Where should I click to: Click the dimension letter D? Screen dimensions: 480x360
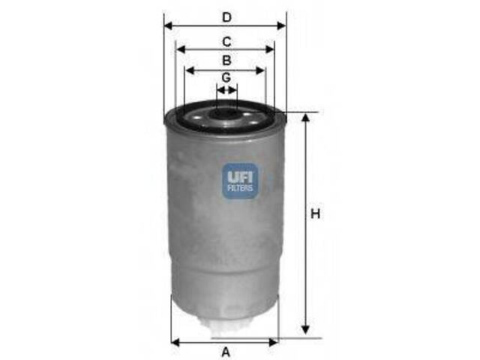(226, 17)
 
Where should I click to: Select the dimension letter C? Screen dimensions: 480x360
(226, 42)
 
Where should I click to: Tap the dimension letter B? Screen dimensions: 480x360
(226, 60)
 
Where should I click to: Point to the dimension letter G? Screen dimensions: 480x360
(226, 77)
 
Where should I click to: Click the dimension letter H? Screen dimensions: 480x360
(315, 213)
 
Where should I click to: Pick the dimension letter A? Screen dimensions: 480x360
(226, 352)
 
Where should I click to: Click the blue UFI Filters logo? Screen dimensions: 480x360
(241, 181)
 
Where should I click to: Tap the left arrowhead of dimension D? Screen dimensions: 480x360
(168, 26)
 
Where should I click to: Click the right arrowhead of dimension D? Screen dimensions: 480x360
(282, 26)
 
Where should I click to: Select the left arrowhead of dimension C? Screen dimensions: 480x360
(181, 49)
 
